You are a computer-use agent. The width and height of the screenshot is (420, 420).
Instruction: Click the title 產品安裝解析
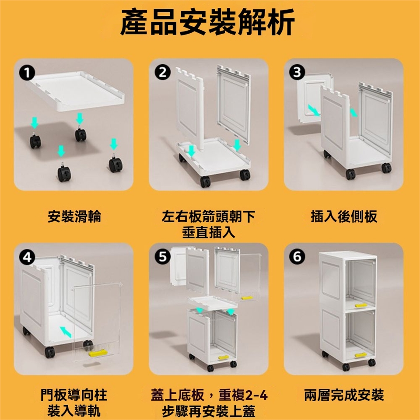click(207, 22)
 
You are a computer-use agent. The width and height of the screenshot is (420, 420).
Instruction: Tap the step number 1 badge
click(27, 73)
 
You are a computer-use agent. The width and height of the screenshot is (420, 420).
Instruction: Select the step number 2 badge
click(163, 72)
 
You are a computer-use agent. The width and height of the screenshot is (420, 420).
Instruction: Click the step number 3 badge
click(297, 72)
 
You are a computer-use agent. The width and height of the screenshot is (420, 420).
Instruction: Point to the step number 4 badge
click(27, 257)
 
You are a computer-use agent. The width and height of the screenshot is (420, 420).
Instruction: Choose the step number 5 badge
click(163, 257)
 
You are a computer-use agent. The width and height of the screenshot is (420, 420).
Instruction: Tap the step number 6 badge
click(297, 257)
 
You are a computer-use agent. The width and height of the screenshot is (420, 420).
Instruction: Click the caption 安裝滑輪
click(74, 217)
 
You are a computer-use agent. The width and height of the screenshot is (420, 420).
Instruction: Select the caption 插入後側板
click(344, 217)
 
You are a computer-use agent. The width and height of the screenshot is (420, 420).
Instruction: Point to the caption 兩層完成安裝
click(344, 395)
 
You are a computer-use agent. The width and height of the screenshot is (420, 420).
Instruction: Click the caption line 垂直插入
click(209, 232)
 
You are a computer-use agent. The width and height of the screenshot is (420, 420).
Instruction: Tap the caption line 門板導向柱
click(74, 395)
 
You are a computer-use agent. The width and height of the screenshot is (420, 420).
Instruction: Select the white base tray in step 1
click(76, 91)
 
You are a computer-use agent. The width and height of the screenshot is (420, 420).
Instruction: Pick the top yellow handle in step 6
click(361, 305)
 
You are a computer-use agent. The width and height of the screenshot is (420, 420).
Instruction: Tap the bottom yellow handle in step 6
click(361, 355)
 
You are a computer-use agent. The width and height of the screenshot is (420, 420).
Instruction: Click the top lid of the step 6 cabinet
click(348, 255)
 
